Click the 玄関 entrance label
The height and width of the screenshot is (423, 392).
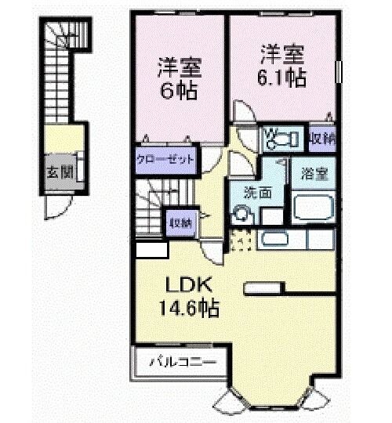[53, 172]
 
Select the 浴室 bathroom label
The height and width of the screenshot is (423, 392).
[314, 173]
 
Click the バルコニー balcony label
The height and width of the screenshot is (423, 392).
[180, 363]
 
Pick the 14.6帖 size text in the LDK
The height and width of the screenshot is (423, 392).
[189, 307]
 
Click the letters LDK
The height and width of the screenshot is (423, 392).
[189, 283]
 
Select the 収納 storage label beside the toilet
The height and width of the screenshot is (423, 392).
[321, 139]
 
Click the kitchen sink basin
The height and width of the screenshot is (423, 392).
[275, 240]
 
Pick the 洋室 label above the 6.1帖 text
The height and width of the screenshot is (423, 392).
[281, 56]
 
